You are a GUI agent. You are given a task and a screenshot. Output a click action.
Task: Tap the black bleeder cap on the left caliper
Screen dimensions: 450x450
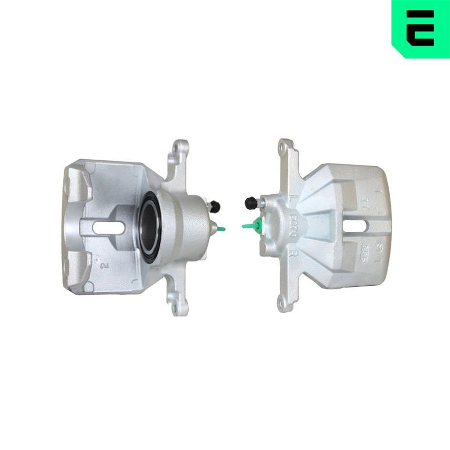tap(216, 206)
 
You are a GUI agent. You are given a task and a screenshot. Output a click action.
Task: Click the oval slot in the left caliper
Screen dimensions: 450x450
tap(110, 226)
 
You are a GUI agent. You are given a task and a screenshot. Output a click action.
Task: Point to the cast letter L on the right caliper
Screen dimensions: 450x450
tap(294, 198)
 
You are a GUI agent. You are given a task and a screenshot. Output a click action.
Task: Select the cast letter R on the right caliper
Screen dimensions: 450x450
tap(292, 252)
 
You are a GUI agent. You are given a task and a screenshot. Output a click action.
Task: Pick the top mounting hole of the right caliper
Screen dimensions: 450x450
tap(283, 145)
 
